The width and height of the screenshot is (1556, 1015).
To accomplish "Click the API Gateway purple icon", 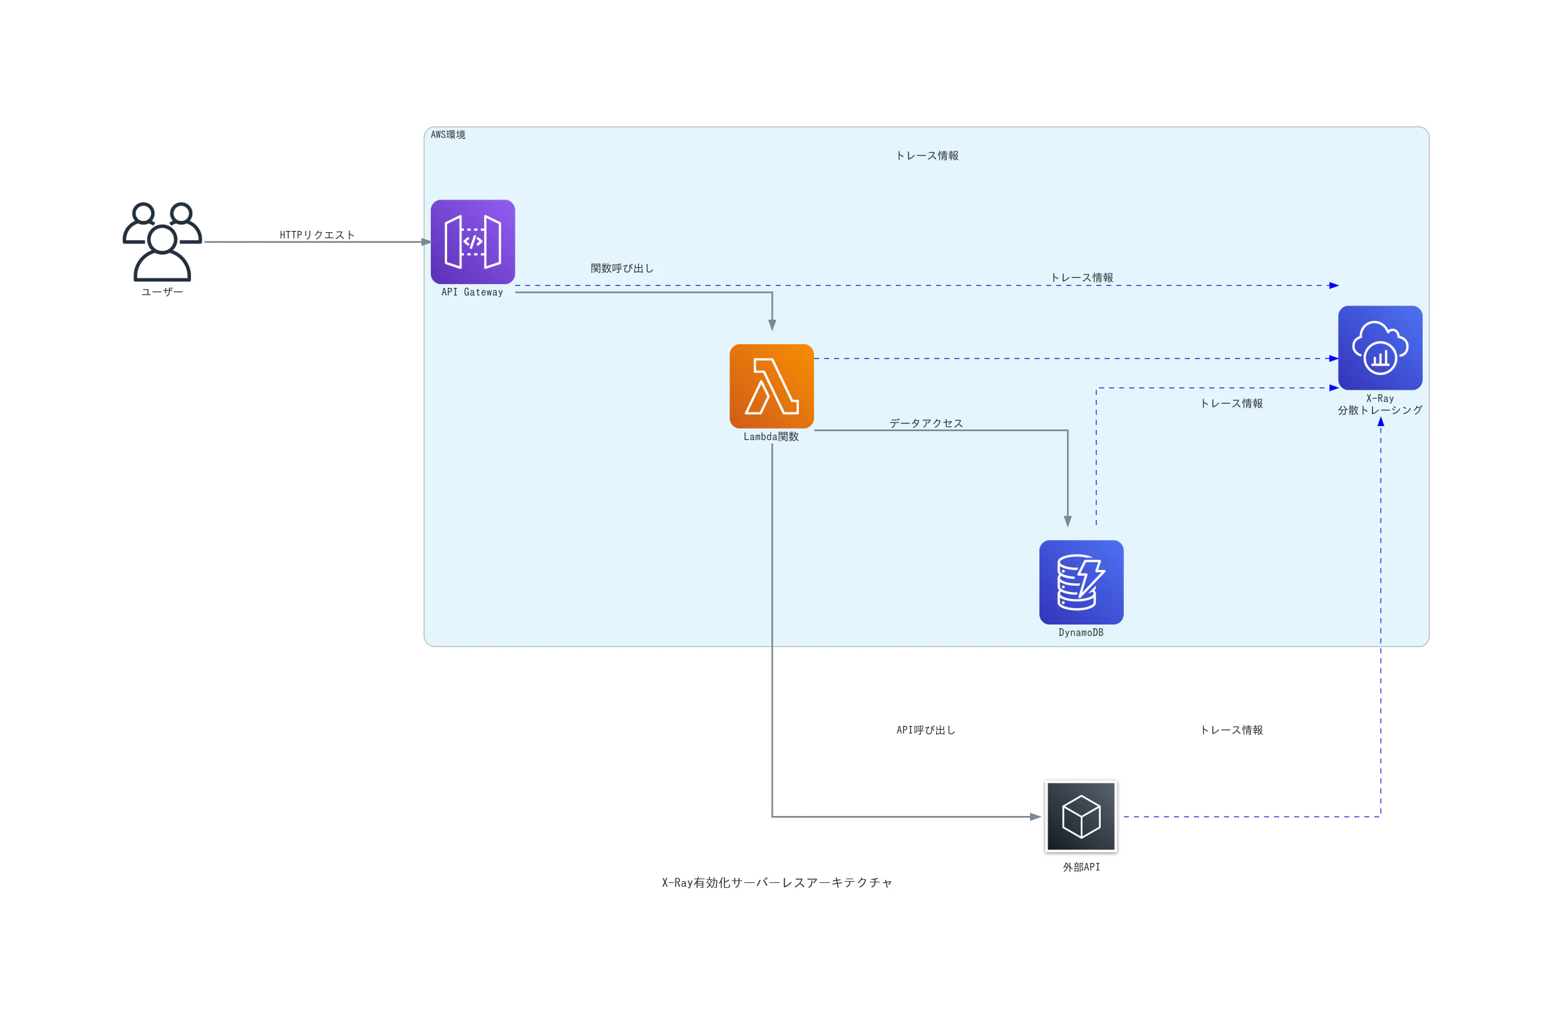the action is point(473,242).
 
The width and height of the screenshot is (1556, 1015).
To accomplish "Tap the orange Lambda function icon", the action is point(771,386).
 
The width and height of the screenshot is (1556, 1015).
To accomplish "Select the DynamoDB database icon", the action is point(1081,583).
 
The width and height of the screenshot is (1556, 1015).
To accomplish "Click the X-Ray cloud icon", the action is point(1380,348).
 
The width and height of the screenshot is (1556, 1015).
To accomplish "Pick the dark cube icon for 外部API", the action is point(1081,817).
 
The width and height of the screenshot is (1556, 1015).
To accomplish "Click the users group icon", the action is point(162,242).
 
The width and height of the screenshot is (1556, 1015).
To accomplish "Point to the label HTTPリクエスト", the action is point(317,235).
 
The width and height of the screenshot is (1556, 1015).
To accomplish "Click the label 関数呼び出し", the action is point(622,268).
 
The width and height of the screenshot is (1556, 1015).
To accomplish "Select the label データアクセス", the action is point(925,424).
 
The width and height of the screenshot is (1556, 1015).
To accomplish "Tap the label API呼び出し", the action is point(925,730).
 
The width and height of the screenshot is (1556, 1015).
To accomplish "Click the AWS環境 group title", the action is point(448,135).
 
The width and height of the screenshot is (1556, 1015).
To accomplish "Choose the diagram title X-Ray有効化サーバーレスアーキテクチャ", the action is point(776,883).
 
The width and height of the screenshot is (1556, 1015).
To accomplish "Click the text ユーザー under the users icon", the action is point(162,292).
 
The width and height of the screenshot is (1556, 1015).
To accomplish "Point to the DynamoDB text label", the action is point(1081,633).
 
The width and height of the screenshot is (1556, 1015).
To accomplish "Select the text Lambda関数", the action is point(771,437).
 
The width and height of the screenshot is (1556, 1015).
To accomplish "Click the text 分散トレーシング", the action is point(1380,411).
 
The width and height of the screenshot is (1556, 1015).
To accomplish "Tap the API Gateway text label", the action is point(472,292).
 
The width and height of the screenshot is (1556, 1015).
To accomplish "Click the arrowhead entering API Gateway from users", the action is point(426,242).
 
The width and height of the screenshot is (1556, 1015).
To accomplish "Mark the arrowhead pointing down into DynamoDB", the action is point(1068,521).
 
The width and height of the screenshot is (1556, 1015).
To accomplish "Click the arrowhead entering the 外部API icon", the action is point(1036,817).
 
